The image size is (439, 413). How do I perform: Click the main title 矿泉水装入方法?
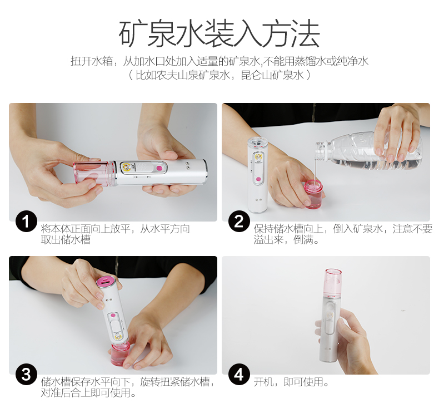[x=219, y=33]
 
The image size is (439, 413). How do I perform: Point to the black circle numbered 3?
[x=26, y=375]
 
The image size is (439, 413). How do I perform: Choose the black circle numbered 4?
[x=239, y=375]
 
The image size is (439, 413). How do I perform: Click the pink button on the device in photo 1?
[x=159, y=169]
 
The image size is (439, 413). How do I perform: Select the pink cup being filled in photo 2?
[x=314, y=194]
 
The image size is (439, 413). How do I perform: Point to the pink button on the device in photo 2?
[x=258, y=179]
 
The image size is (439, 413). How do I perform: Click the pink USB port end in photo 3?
[x=105, y=282]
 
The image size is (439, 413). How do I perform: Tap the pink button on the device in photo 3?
[x=113, y=316]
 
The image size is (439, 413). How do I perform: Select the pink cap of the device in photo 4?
[x=333, y=282]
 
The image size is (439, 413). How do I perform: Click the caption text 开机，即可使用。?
[x=291, y=382]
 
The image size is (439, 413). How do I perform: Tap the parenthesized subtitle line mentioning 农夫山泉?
[x=219, y=75]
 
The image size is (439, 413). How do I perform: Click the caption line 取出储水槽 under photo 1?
[x=66, y=240]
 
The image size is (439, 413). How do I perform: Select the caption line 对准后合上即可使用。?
[x=88, y=393]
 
